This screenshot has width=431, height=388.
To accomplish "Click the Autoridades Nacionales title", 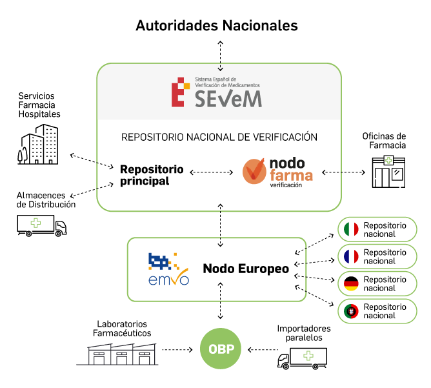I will coord(216,25).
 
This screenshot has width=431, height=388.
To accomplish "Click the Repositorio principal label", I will coord(152,175).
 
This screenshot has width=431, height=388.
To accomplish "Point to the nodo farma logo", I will coord(278,172).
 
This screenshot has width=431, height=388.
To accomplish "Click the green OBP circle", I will coord(221,349).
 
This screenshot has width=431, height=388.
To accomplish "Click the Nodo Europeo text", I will coord(246,269).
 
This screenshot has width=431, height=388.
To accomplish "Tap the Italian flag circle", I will coord(351,230).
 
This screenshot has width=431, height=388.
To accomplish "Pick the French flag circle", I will coord(351,257).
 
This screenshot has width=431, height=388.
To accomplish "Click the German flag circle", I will coord(351,283).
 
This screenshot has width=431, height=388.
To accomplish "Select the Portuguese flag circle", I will coord(351,311).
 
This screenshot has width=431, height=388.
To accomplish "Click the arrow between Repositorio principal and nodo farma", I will coord(212,173).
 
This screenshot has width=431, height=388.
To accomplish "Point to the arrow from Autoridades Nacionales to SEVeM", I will coord(221,54).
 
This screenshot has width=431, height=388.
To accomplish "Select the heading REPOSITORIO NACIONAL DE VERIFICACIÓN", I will coord(219,137).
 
